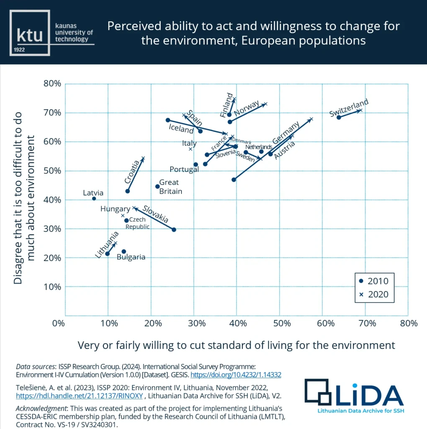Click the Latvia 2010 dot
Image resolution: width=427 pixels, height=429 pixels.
94,199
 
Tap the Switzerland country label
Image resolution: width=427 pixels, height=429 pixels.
349,108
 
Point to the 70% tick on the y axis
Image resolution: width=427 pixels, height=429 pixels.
52,113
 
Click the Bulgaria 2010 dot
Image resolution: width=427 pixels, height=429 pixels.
123,251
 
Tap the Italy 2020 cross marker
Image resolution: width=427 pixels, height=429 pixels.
190,149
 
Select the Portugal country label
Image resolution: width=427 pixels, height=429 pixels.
184,170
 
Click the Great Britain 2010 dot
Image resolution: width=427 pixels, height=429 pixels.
157,186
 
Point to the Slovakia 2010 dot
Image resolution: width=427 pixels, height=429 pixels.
174,230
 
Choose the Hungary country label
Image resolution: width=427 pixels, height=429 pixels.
115,209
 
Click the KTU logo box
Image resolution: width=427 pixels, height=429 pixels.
30,33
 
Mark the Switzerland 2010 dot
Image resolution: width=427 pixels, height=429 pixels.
339,117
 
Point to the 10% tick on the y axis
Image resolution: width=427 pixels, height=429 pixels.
52,287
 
